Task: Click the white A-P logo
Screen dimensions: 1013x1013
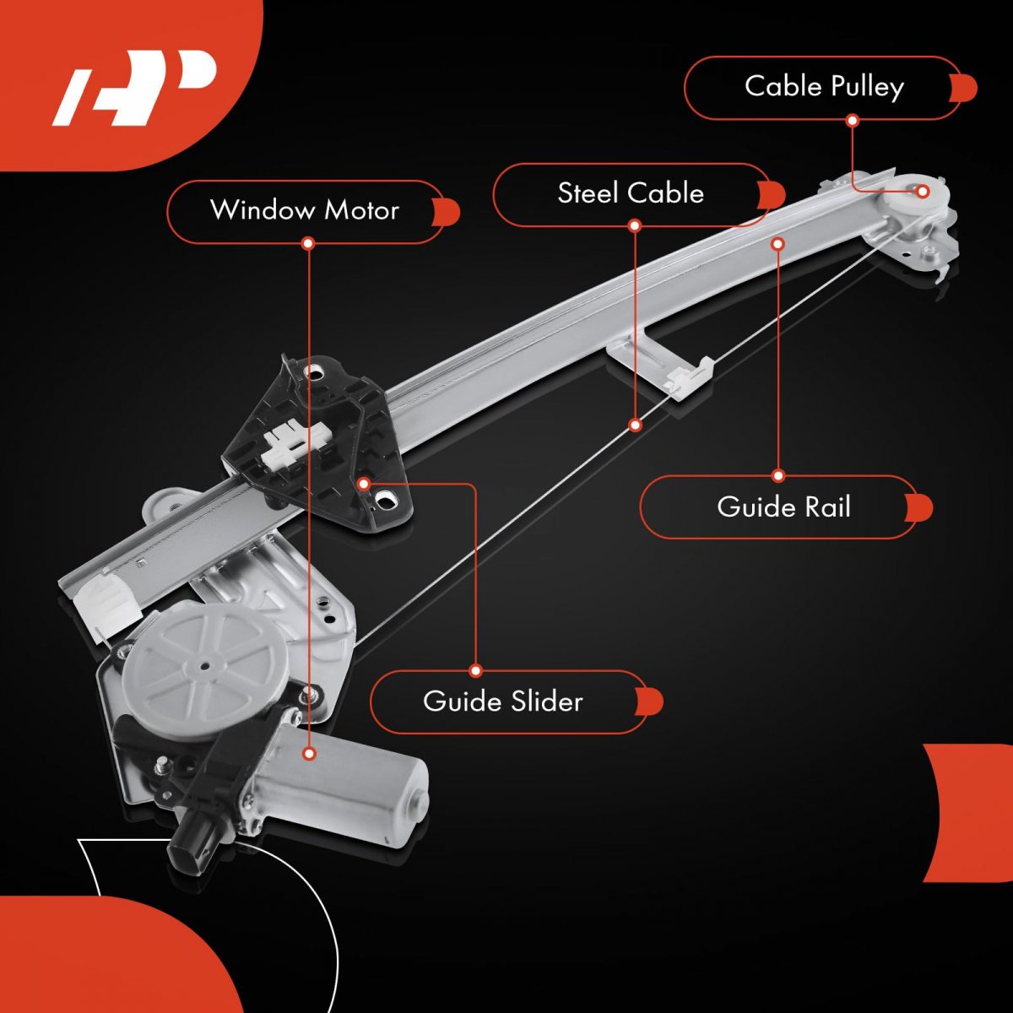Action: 134,88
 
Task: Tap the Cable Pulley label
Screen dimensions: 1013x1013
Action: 824,87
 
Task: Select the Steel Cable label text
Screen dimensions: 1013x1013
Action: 631,193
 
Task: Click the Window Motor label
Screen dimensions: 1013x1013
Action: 305,210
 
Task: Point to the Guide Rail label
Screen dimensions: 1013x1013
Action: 783,506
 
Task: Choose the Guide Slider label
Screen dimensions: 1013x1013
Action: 503,702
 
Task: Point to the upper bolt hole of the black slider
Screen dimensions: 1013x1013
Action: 317,374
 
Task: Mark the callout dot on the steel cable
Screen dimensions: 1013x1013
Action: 635,425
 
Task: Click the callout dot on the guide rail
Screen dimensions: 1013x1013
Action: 778,243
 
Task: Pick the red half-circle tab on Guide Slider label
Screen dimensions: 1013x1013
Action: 650,702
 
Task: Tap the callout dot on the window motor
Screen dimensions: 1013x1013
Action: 310,754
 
